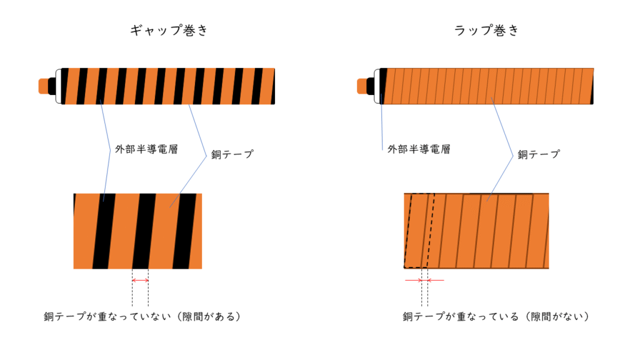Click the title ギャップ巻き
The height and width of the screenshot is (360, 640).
[x=169, y=30]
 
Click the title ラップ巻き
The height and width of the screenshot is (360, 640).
[x=486, y=30]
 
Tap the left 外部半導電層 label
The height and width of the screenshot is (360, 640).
[x=146, y=149]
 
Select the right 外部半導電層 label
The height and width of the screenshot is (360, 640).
[x=419, y=149]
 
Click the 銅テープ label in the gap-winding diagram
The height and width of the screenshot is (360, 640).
[x=232, y=154]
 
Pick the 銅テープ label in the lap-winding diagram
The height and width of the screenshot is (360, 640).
[x=539, y=154]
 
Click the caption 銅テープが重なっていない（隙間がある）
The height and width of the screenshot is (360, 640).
[x=142, y=316]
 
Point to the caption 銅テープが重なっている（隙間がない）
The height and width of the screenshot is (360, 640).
[x=496, y=316]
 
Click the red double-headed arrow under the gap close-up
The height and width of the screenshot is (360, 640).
[x=141, y=281]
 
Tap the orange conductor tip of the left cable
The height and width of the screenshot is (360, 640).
[x=43, y=86]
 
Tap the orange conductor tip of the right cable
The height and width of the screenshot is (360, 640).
[x=362, y=86]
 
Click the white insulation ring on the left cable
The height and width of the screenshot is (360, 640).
[x=59, y=86]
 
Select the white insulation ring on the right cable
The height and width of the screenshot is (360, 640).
[x=377, y=86]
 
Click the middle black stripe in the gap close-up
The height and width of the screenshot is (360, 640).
[x=144, y=231]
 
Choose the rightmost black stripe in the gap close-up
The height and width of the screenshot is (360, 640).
[x=184, y=231]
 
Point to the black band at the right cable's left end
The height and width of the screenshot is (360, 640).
[x=384, y=86]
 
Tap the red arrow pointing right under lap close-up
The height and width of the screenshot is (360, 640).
[x=413, y=281]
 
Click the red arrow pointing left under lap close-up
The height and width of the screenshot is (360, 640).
[x=436, y=281]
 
